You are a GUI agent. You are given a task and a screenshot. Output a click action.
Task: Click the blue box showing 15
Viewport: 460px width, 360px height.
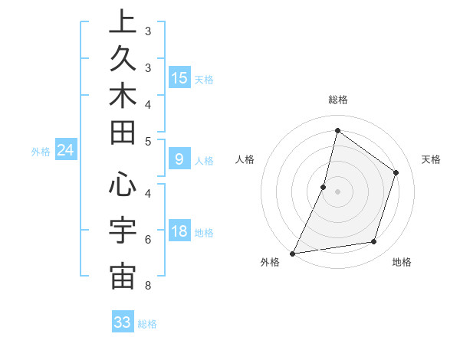[179, 77]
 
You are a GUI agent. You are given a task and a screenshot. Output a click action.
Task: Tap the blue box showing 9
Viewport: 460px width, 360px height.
[179, 159]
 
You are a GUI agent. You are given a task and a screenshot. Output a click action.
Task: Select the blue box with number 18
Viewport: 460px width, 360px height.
[179, 231]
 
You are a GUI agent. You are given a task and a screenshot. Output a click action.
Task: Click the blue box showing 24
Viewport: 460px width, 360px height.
[66, 151]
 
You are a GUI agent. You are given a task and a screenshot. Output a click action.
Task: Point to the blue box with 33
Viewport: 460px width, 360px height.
[123, 322]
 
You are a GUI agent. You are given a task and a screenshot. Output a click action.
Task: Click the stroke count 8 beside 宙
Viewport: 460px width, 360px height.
[147, 286]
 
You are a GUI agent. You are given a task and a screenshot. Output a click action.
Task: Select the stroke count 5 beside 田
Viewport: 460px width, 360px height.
[147, 141]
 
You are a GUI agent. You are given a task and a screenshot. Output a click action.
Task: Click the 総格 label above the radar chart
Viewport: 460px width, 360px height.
[337, 100]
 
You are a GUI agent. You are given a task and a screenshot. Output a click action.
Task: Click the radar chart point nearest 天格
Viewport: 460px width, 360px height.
[396, 172]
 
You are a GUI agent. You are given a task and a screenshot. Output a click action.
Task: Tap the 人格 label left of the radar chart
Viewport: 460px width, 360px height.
[245, 159]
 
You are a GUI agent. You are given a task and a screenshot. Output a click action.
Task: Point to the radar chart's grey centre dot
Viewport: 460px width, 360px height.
[337, 191]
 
